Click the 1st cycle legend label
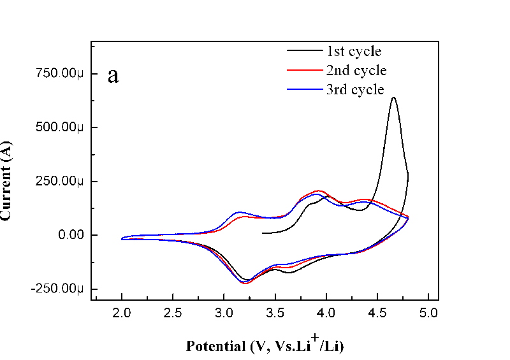(354, 51)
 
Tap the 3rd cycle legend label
(354, 89)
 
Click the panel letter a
(113, 75)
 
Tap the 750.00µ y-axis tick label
(59, 73)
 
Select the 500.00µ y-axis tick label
(59, 127)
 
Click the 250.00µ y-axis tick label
(59, 182)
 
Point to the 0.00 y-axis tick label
(69, 235)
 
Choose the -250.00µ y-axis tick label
(57, 289)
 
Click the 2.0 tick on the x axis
(121, 313)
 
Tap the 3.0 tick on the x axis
(224, 313)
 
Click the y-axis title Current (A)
(6, 180)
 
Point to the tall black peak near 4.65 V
(393, 97)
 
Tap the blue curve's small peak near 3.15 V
(239, 212)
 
